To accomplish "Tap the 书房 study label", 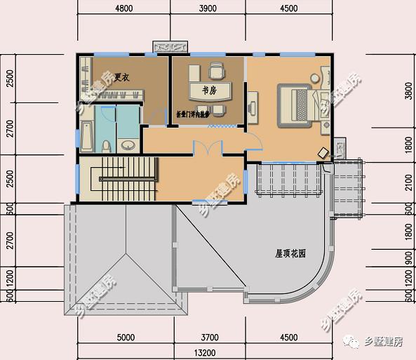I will (208, 91).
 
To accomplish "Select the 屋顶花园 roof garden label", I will (290, 254).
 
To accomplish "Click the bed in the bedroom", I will (299, 105).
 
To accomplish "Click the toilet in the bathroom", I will (106, 145).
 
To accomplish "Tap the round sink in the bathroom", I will (128, 146).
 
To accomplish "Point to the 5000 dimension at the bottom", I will (125, 338).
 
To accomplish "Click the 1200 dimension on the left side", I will (9, 279).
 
